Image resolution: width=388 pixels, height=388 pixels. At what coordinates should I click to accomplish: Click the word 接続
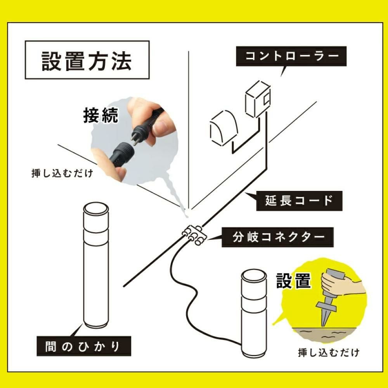click(100, 115)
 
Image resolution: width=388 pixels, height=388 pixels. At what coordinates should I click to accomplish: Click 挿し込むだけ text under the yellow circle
click(328, 353)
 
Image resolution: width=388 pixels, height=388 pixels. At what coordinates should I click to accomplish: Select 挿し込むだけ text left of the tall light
click(62, 173)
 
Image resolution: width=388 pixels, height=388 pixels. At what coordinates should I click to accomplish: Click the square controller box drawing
click(257, 100)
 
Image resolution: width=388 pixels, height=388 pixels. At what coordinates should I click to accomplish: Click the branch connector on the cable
click(194, 235)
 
